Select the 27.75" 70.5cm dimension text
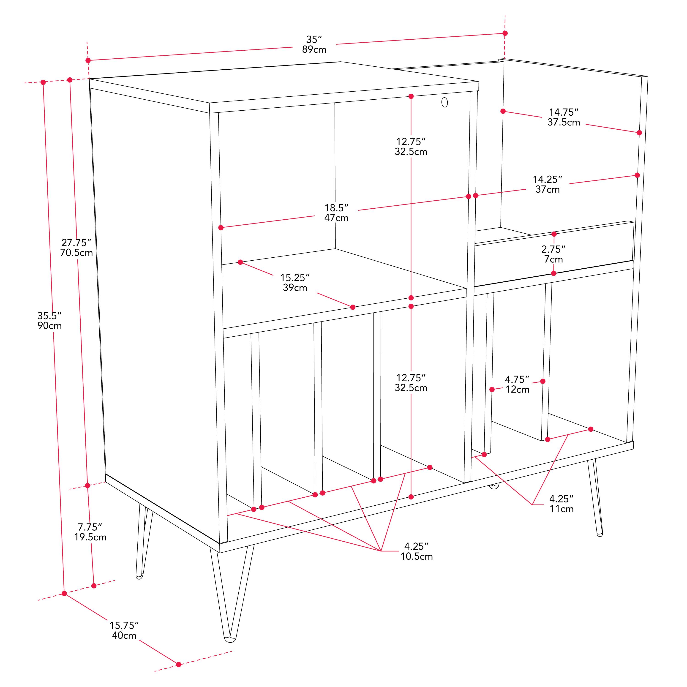coord(76,248)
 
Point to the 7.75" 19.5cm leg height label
coord(90,532)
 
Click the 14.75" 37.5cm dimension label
coord(564,117)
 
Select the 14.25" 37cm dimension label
coord(548,184)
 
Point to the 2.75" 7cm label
coord(553,254)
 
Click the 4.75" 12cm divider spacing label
coord(517,384)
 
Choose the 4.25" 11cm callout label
coord(562,504)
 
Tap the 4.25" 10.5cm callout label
coord(416,551)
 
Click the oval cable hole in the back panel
coord(444,102)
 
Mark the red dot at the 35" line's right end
coord(505,33)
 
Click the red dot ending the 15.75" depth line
coord(179,664)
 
